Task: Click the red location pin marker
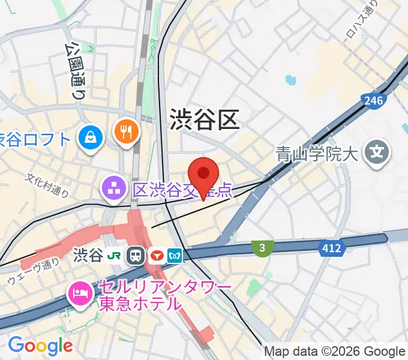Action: (204, 175)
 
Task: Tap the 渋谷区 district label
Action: (205, 119)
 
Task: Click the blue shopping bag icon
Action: (90, 139)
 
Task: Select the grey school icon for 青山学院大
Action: (378, 154)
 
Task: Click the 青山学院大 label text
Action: (317, 154)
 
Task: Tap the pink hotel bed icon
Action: (80, 293)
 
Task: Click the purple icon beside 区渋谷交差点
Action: (112, 189)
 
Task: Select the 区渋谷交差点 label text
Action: (182, 190)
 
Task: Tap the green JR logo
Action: (113, 256)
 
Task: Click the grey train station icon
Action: (135, 256)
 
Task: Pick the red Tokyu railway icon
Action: (156, 256)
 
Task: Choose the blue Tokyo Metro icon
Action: (175, 256)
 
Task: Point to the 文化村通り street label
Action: (47, 184)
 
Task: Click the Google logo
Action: (40, 346)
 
